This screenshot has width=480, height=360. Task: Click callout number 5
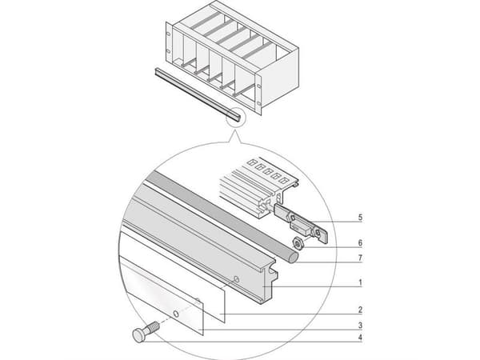tap(360, 218)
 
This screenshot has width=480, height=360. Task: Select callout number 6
tap(360, 243)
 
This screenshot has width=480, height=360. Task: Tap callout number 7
tap(360, 258)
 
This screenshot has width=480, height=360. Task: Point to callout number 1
tap(360, 282)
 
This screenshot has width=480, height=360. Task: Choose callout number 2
tap(360, 310)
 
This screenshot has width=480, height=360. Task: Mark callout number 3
tap(360, 325)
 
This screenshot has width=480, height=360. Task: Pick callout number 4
tap(360, 338)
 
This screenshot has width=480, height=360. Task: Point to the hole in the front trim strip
tap(176, 314)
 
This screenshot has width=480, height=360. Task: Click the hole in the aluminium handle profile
tap(236, 279)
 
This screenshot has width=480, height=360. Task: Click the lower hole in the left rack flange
tap(168, 51)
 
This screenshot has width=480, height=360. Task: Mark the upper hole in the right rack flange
tap(259, 80)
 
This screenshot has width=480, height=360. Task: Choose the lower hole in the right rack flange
tap(259, 104)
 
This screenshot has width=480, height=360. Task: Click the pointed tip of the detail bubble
tap(234, 130)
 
